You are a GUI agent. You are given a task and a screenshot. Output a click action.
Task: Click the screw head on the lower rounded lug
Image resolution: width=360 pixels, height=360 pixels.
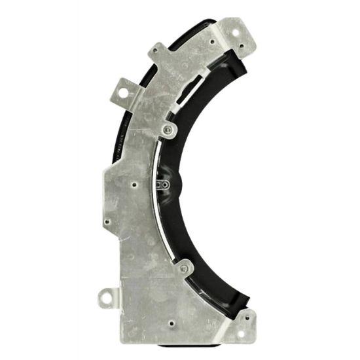(x=184, y=267)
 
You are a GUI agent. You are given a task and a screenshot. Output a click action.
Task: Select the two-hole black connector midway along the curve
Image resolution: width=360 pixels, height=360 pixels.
(x=165, y=185)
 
